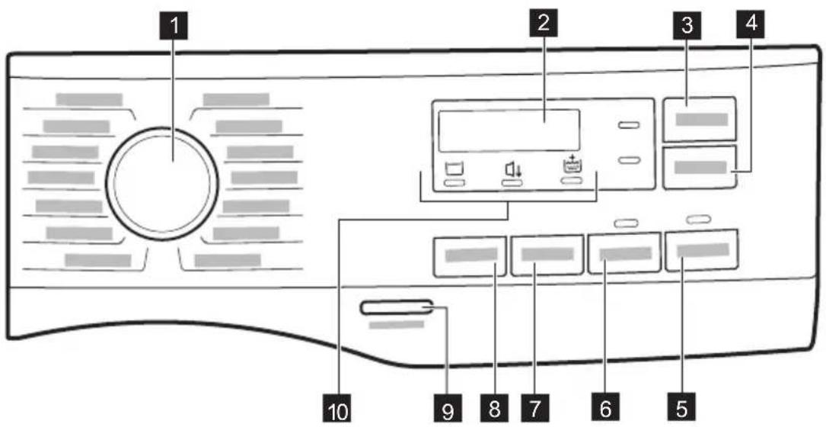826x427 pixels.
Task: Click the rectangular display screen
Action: click(x=509, y=130)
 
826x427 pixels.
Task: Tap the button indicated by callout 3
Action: click(x=699, y=119)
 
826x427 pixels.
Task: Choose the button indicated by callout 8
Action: click(x=470, y=256)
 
